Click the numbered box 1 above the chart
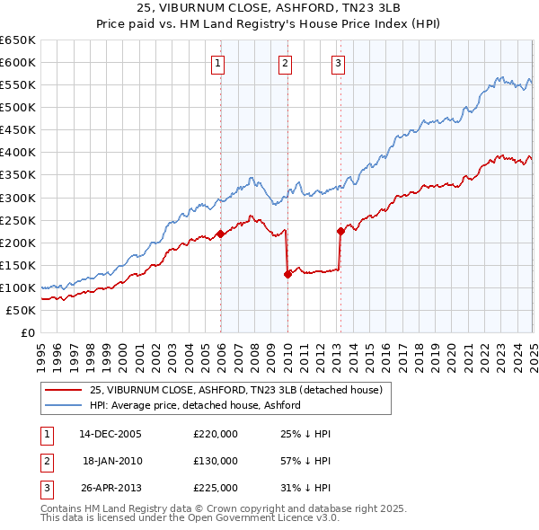click(219, 63)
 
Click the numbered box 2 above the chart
click(285, 63)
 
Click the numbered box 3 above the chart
click(338, 63)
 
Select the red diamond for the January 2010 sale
click(287, 274)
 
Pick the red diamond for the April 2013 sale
click(340, 231)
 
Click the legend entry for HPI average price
click(194, 405)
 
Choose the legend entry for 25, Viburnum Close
click(236, 390)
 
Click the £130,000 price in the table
click(216, 461)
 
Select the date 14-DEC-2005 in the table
click(110, 434)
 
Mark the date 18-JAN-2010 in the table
click(112, 461)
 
